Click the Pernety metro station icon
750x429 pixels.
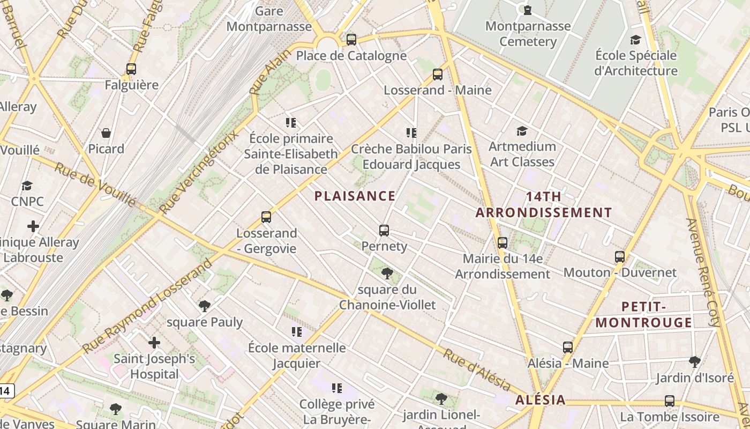click(x=384, y=231)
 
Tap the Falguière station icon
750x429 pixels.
click(x=131, y=69)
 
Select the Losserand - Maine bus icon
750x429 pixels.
click(x=438, y=75)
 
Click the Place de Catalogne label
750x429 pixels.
click(x=351, y=56)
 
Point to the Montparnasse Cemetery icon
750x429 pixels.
click(x=528, y=10)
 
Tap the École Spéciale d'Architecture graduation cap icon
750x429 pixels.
click(x=635, y=40)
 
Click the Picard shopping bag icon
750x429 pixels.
click(x=106, y=133)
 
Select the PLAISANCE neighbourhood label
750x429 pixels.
click(x=355, y=196)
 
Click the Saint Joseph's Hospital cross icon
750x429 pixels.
click(x=154, y=343)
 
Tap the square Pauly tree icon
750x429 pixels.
click(x=204, y=306)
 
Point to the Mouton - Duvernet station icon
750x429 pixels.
click(x=620, y=257)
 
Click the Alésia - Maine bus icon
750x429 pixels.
click(x=568, y=347)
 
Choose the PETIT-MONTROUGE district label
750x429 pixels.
click(x=643, y=315)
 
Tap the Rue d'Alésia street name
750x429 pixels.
click(x=476, y=369)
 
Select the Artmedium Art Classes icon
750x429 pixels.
click(x=522, y=131)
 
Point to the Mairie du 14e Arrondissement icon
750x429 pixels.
click(x=502, y=243)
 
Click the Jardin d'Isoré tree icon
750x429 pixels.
click(x=694, y=362)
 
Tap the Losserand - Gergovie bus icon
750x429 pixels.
click(x=266, y=217)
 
